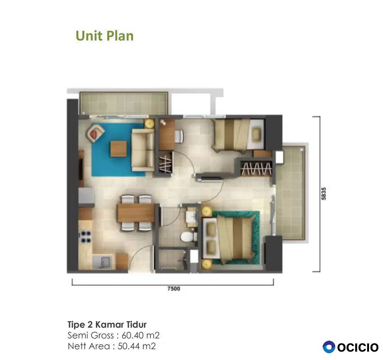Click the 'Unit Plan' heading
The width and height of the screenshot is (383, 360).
(105, 36)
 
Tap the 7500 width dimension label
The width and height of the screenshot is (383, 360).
(173, 289)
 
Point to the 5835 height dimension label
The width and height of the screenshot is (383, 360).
(324, 194)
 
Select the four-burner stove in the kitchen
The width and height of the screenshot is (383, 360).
(86, 237)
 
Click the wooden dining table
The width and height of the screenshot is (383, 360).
(136, 213)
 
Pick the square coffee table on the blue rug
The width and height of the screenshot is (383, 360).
(119, 149)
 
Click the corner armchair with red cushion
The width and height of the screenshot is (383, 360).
(95, 133)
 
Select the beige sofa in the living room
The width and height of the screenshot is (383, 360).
(143, 150)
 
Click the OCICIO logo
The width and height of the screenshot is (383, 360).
(351, 347)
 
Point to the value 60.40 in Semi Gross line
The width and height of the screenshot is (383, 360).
(132, 335)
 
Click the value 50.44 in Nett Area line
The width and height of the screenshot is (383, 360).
(128, 346)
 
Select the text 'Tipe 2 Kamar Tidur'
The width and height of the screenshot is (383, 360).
(107, 324)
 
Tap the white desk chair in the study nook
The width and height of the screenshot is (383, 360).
(179, 136)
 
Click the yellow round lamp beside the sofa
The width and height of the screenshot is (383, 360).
(149, 123)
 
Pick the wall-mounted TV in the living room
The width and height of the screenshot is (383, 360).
(80, 169)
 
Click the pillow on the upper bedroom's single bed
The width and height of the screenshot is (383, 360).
(256, 134)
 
